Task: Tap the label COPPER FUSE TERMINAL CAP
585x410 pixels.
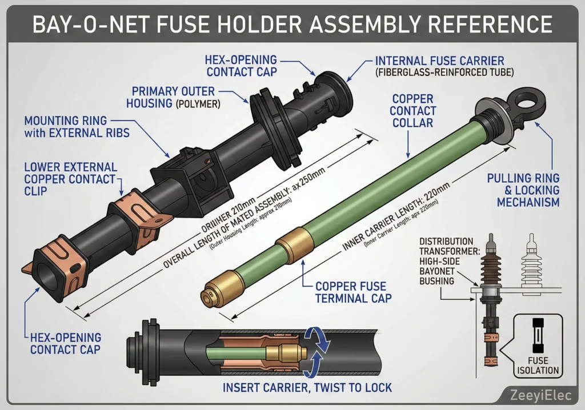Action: (x=351, y=291)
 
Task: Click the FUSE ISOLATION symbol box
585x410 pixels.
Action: (x=538, y=345)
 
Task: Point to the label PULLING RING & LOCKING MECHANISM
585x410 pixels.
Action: (x=523, y=190)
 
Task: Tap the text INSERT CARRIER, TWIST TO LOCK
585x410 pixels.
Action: (x=307, y=388)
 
